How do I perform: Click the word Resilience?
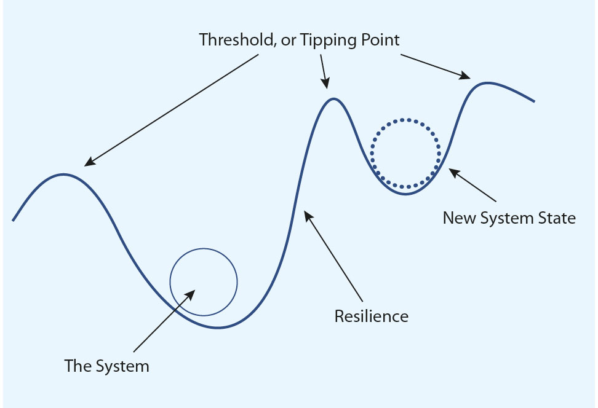click(x=372, y=316)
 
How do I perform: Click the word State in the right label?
click(x=556, y=218)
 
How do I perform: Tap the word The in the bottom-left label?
click(x=78, y=366)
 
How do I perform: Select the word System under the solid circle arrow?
click(x=122, y=367)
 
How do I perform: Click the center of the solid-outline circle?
click(x=204, y=282)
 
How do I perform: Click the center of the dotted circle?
click(x=405, y=154)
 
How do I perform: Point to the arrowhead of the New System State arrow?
click(x=454, y=173)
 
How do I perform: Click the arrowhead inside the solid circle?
click(x=190, y=294)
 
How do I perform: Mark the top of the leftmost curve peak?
click(x=63, y=175)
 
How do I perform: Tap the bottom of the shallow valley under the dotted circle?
click(x=405, y=194)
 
